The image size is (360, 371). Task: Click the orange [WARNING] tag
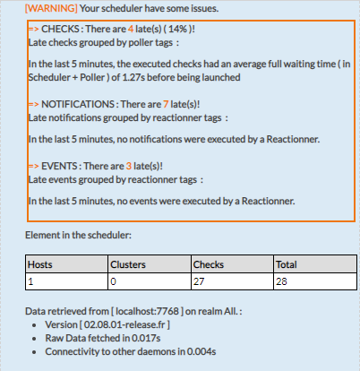[x=51, y=8]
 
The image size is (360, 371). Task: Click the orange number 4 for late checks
[x=131, y=29]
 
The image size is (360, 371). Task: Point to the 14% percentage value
[x=177, y=29]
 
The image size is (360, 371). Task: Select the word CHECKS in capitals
[x=60, y=29]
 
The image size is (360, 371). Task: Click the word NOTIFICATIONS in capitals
[x=78, y=104]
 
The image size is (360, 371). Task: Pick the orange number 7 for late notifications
[x=166, y=104]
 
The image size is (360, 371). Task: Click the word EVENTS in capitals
[x=59, y=166]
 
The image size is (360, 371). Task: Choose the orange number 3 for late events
[x=129, y=166]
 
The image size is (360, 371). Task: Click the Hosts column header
[x=40, y=264]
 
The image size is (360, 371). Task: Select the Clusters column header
[x=128, y=264]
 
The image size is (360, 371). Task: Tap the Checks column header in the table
[x=209, y=264]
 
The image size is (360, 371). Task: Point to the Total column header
[x=287, y=264]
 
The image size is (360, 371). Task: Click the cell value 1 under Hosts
[x=30, y=281]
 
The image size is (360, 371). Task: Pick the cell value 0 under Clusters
[x=113, y=281]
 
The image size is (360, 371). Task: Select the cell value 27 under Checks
[x=199, y=281]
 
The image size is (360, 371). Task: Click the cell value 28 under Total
[x=281, y=281]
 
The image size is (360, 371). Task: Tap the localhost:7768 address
[x=147, y=311]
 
